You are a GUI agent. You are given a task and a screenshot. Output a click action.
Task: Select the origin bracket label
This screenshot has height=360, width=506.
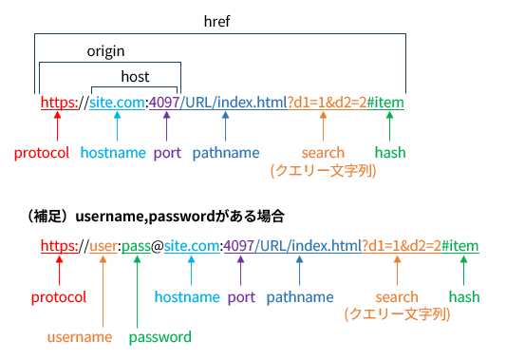coord(106,50)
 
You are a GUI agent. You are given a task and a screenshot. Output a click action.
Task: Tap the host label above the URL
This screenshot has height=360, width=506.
coord(135,76)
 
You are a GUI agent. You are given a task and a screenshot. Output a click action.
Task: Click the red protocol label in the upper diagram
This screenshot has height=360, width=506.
coord(42,152)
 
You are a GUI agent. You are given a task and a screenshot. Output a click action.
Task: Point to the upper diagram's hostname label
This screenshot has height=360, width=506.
coord(112,152)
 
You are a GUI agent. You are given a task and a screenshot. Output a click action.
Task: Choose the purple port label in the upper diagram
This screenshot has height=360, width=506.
coord(167,152)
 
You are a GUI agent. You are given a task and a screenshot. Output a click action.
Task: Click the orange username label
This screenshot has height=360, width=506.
coord(80,336)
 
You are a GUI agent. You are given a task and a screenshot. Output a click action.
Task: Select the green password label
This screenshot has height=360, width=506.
coord(159,336)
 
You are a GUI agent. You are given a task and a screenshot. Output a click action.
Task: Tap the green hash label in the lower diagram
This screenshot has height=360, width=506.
coord(464,297)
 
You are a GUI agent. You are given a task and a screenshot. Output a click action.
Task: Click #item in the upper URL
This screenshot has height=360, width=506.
coord(385,102)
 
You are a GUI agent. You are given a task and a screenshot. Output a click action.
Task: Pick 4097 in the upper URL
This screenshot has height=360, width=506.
coord(165,102)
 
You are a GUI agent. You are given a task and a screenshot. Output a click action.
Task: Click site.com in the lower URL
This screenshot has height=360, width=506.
coord(191,247)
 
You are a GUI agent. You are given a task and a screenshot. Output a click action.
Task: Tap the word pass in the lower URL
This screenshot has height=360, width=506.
coord(137,247)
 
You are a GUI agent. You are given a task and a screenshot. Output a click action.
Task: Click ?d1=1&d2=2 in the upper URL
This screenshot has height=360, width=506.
coord(325,102)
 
